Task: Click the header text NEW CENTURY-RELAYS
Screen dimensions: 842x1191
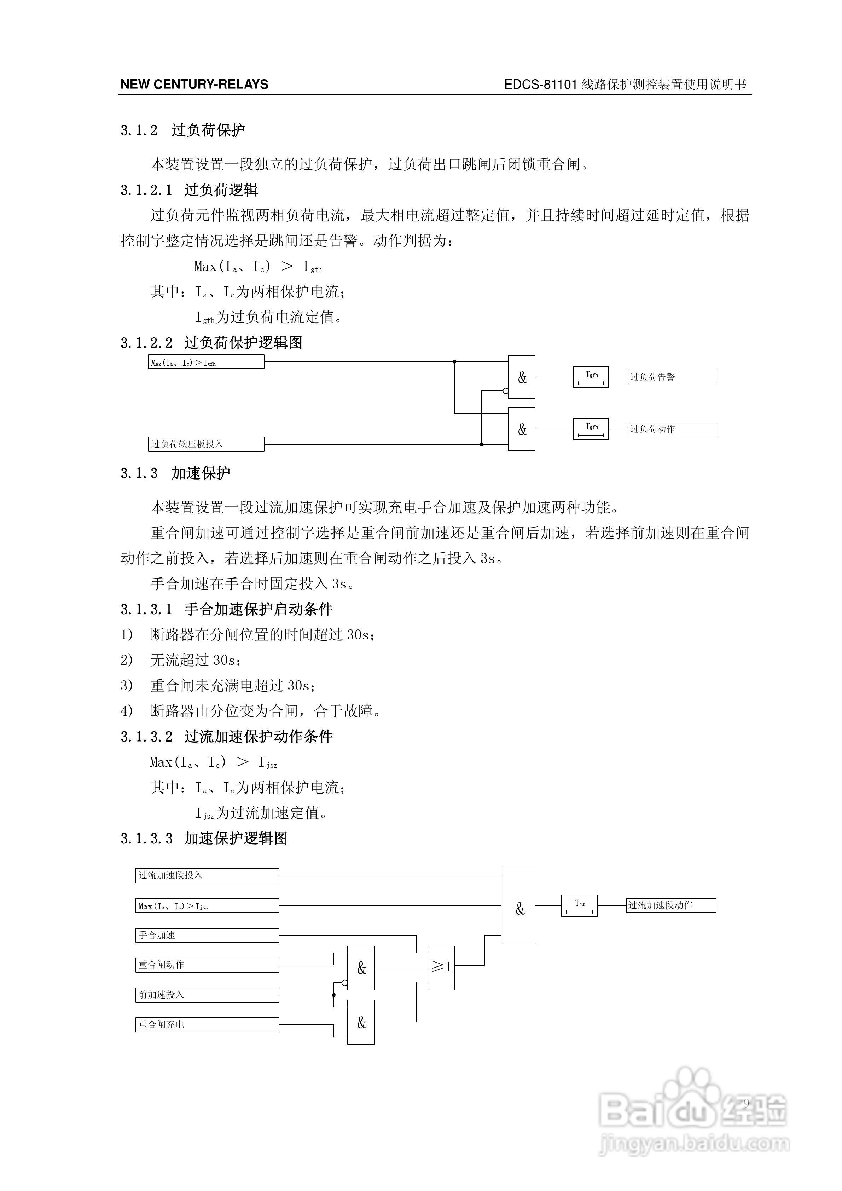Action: point(194,85)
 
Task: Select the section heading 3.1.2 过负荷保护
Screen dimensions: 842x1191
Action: point(182,130)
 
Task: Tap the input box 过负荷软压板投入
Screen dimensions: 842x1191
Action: point(206,444)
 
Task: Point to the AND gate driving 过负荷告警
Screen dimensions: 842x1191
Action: point(521,377)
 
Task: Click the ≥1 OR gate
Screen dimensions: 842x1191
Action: point(441,968)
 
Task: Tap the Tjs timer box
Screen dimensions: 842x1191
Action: point(579,905)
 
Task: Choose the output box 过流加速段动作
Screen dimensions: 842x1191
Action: point(671,905)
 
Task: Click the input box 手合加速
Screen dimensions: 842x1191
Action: point(207,935)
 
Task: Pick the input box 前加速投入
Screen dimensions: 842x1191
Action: point(207,995)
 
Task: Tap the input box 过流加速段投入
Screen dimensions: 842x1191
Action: point(207,876)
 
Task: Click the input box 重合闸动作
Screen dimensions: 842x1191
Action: point(207,965)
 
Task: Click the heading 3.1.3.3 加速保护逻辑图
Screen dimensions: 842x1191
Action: point(204,839)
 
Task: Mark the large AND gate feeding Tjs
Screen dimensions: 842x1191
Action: point(518,905)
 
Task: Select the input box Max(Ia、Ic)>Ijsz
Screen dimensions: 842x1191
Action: point(207,906)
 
